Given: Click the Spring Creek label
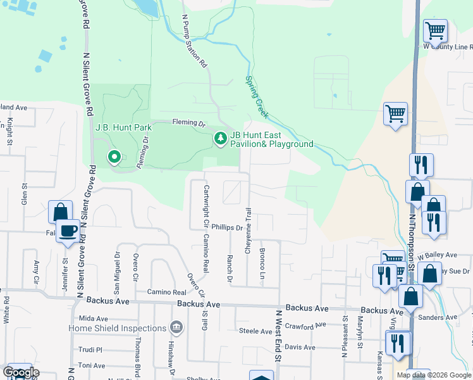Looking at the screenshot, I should click(x=257, y=97).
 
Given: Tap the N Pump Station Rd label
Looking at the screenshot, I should click(x=194, y=42).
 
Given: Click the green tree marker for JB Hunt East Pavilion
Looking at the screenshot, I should click(x=220, y=138).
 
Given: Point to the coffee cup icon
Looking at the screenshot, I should click(x=68, y=231).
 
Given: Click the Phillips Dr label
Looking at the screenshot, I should click(x=227, y=227).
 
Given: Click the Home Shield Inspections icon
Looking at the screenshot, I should click(x=176, y=327).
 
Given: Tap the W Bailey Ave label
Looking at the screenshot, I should click(x=438, y=255).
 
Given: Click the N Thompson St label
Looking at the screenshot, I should click(x=412, y=241).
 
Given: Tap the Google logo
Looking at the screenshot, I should click(x=21, y=372).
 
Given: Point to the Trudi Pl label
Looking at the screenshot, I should click(x=90, y=350).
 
